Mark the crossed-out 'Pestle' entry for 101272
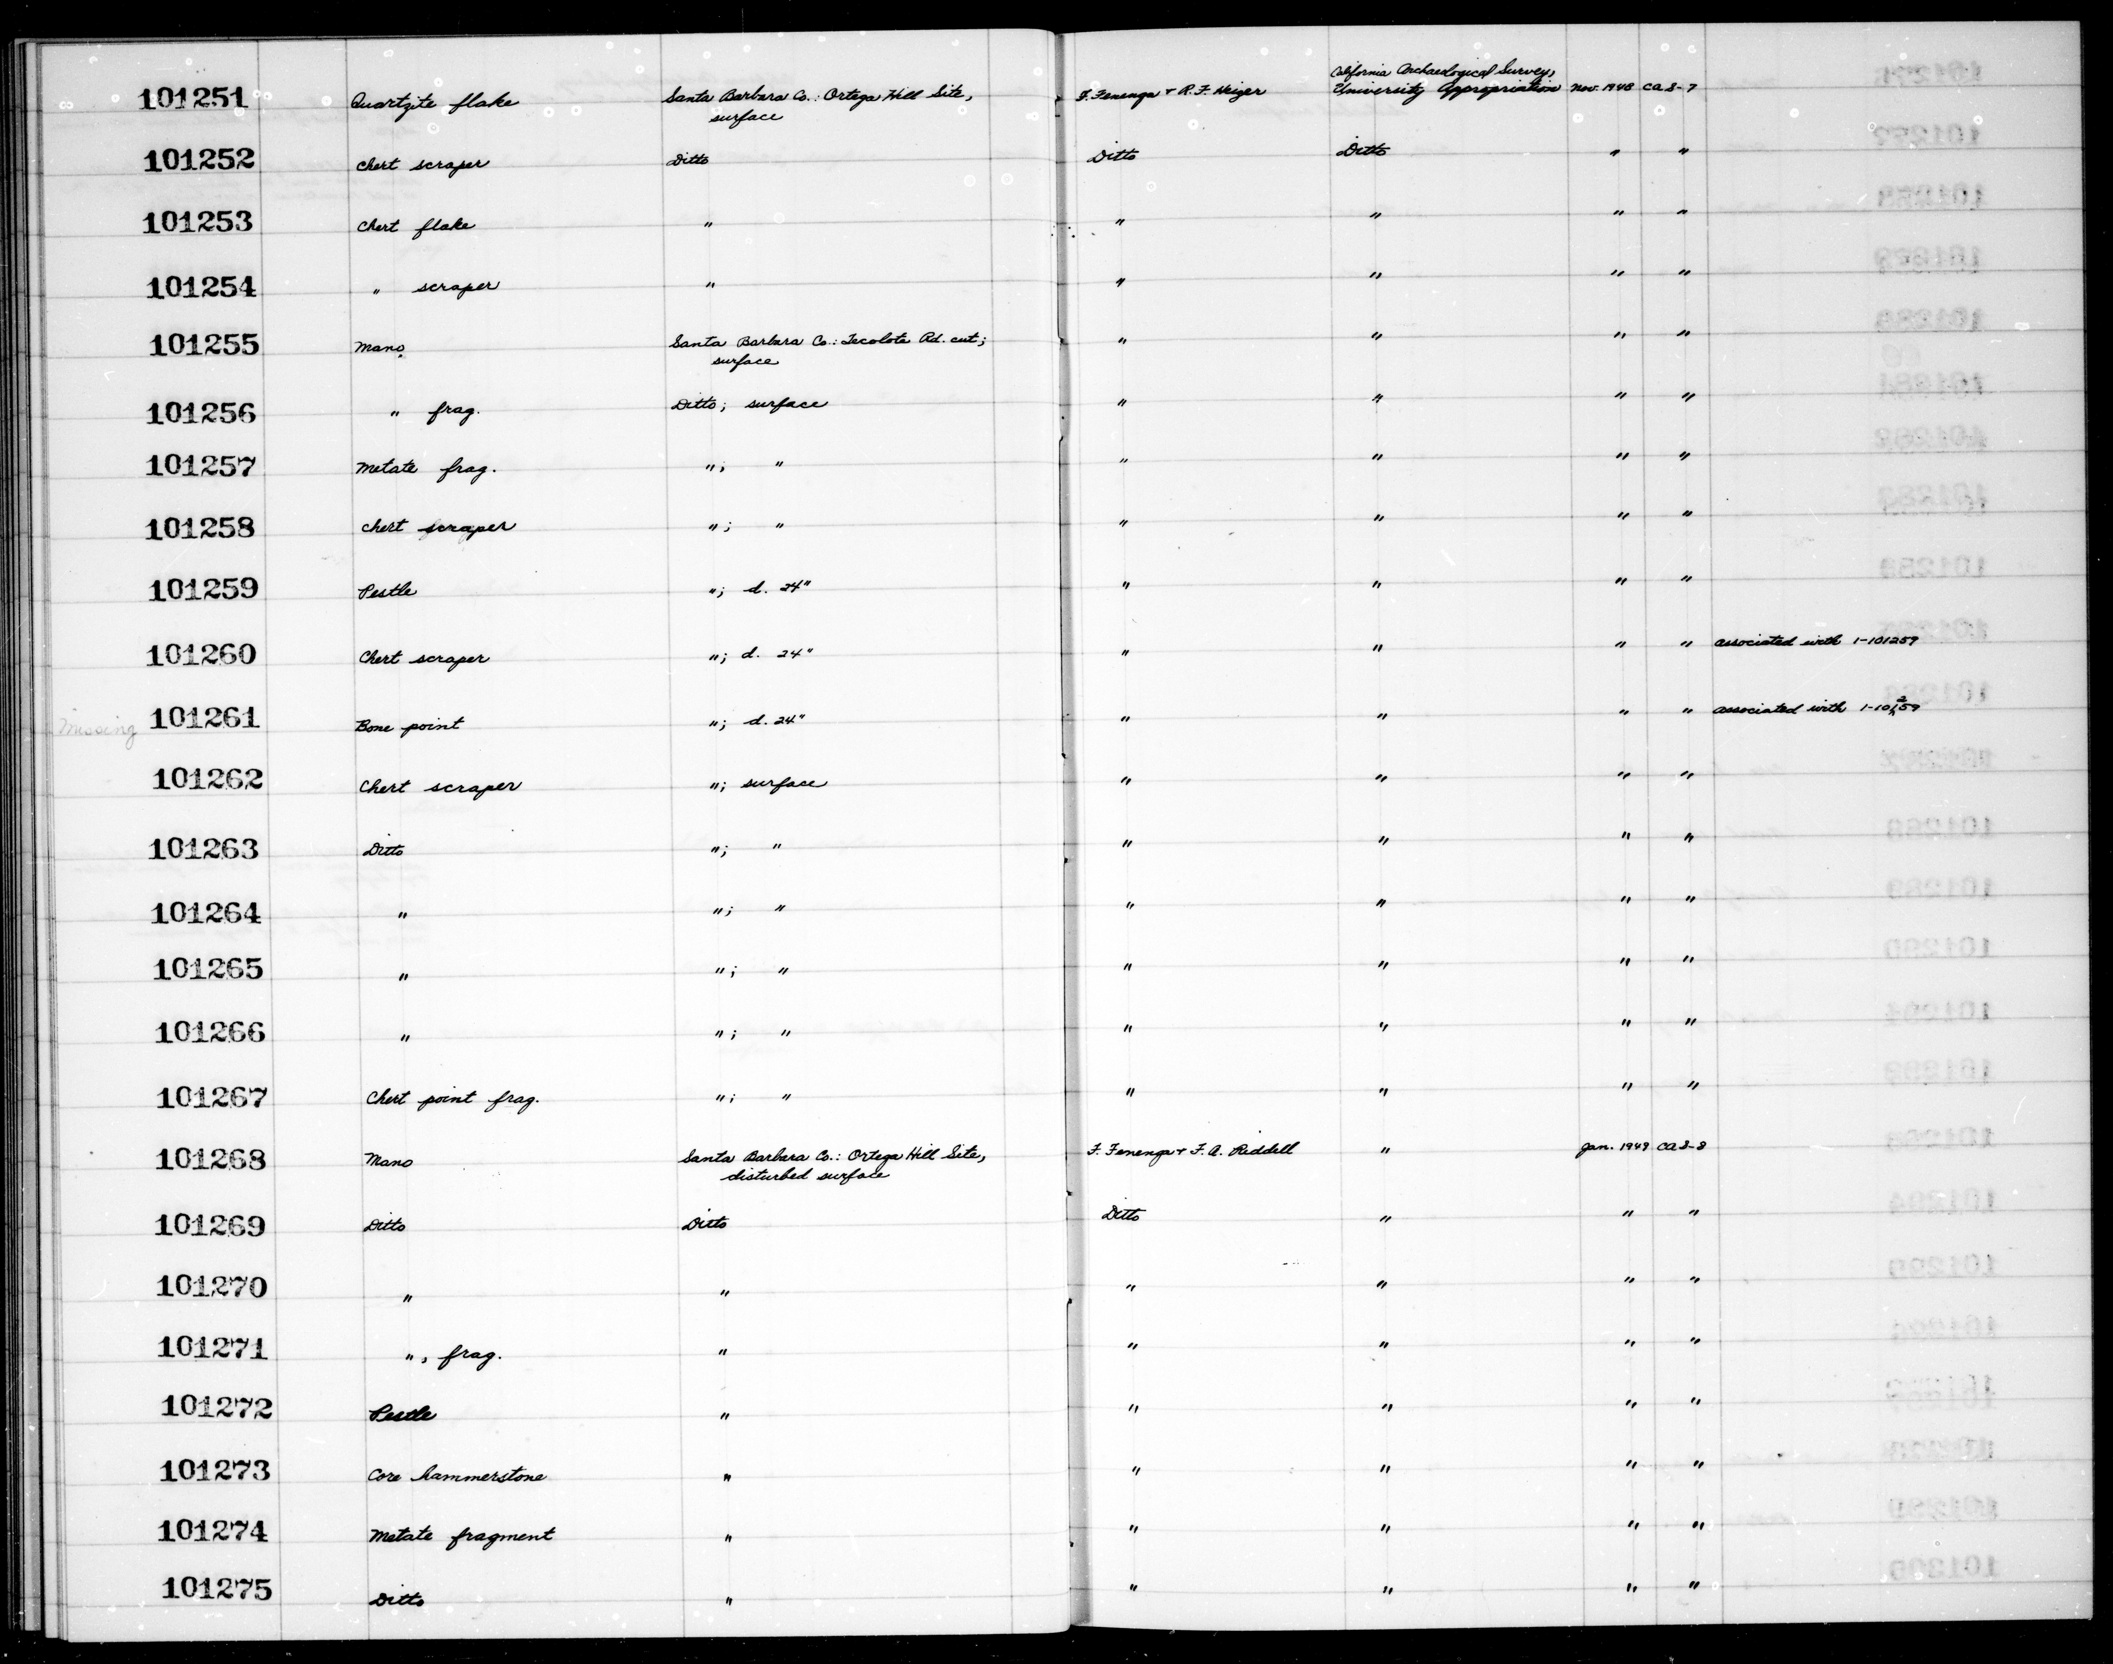(403, 1415)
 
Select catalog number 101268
(210, 1159)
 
